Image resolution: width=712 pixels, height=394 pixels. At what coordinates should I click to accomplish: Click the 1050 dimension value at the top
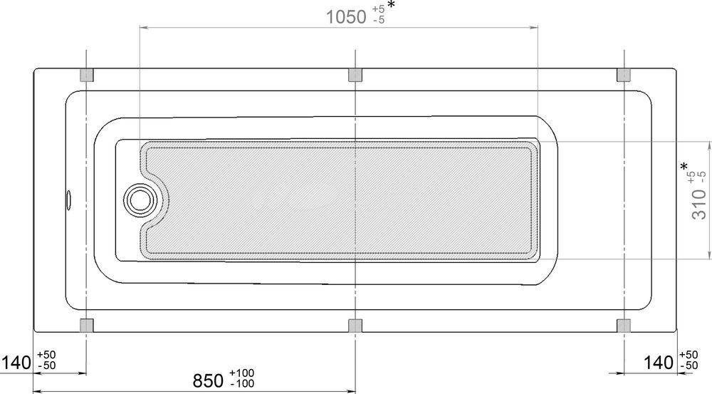pos(346,17)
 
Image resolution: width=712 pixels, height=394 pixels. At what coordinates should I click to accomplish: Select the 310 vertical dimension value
pos(699,204)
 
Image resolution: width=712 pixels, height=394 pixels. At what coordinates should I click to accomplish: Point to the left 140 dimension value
pos(16,363)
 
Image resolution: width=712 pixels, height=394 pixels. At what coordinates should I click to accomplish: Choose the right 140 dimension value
pos(659,363)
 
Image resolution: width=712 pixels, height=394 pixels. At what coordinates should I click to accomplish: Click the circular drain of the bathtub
pos(140,200)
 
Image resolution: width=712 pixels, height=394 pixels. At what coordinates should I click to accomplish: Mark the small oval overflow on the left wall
pos(68,200)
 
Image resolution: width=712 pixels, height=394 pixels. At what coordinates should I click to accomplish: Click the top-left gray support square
pos(86,75)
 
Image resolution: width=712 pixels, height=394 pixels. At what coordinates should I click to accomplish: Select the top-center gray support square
pos(355,75)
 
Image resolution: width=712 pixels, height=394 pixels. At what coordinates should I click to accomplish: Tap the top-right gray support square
pos(624,75)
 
